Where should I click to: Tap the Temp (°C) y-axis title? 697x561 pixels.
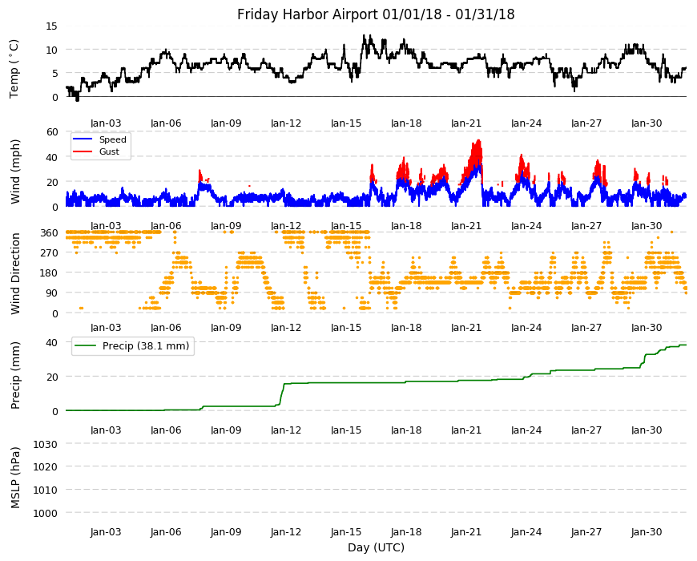coord(14,68)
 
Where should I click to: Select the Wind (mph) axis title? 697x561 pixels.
coord(15,172)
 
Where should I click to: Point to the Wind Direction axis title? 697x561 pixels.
coord(15,274)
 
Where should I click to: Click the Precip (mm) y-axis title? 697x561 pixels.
coord(15,375)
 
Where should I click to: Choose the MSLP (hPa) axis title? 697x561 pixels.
coord(15,478)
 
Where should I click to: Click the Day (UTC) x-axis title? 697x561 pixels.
coord(376,547)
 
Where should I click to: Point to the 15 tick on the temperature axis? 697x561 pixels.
coord(51,26)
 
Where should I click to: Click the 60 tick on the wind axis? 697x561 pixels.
coord(52,131)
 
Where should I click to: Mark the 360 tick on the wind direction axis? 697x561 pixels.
coord(49,233)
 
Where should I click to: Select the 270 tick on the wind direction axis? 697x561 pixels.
coord(49,253)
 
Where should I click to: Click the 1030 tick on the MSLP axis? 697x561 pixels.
coord(46,444)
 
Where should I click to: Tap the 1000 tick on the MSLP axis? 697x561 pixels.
coord(46,513)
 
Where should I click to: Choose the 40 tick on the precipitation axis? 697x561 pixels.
coord(52,342)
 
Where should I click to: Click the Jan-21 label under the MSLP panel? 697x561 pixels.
coord(465,532)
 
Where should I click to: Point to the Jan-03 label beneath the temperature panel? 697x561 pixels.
coord(106,123)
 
